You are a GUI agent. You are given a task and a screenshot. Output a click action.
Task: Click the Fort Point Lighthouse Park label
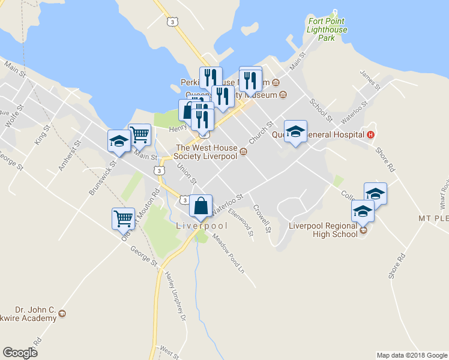[x=327, y=29]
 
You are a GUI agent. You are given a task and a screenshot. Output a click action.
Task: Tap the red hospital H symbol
[x=371, y=134]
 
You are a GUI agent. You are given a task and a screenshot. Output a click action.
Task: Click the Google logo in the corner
[x=20, y=353]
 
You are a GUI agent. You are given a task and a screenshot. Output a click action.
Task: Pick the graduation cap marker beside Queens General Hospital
[x=295, y=132]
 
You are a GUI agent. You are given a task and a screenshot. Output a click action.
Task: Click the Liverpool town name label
[x=202, y=226]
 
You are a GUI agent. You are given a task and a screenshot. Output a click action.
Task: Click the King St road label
[x=41, y=134]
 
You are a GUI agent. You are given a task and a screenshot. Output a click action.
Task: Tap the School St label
[x=321, y=109]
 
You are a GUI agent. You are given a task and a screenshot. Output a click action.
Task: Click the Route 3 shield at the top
[x=173, y=22]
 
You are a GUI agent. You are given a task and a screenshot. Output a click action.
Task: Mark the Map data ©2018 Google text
[x=412, y=355]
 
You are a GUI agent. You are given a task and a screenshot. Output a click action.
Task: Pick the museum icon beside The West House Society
[x=244, y=152]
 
